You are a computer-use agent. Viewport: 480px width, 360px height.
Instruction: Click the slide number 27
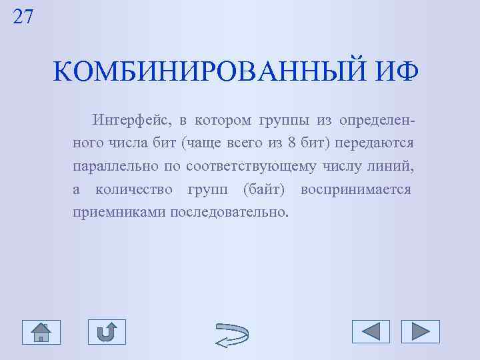23,16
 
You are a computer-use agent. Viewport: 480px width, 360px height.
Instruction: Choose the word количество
135,189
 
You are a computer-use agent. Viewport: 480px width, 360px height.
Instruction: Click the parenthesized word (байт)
264,189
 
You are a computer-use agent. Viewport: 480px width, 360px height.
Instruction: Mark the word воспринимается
355,189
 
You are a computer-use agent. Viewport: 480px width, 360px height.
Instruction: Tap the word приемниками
118,212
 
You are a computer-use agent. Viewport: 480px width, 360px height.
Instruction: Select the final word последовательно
231,212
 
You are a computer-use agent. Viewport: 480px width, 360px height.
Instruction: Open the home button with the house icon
41,331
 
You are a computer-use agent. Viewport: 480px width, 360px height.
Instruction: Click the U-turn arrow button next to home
107,331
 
